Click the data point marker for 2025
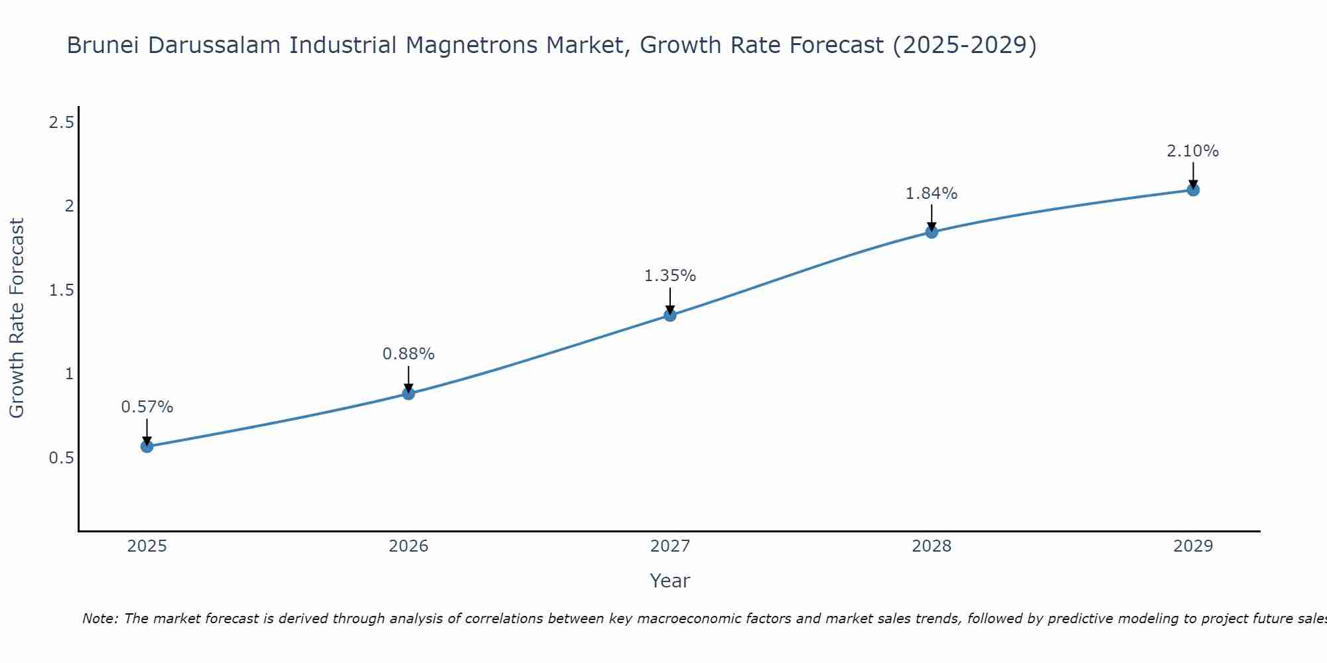coord(147,446)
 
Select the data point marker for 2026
coord(409,393)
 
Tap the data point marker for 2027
coord(670,315)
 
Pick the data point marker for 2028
coord(932,232)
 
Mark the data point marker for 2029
coord(1193,190)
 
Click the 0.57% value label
coord(147,407)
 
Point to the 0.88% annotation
coord(409,354)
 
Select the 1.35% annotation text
coord(670,276)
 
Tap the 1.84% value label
coord(932,194)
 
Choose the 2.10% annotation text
coord(1193,151)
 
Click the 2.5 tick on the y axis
coord(62,123)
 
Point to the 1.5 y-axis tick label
coord(62,290)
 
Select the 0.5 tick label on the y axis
coord(62,458)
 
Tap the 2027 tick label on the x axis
coord(670,546)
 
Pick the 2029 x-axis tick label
coord(1193,546)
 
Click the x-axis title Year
coord(670,581)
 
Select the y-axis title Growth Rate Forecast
coord(17,318)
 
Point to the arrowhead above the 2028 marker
coord(932,226)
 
